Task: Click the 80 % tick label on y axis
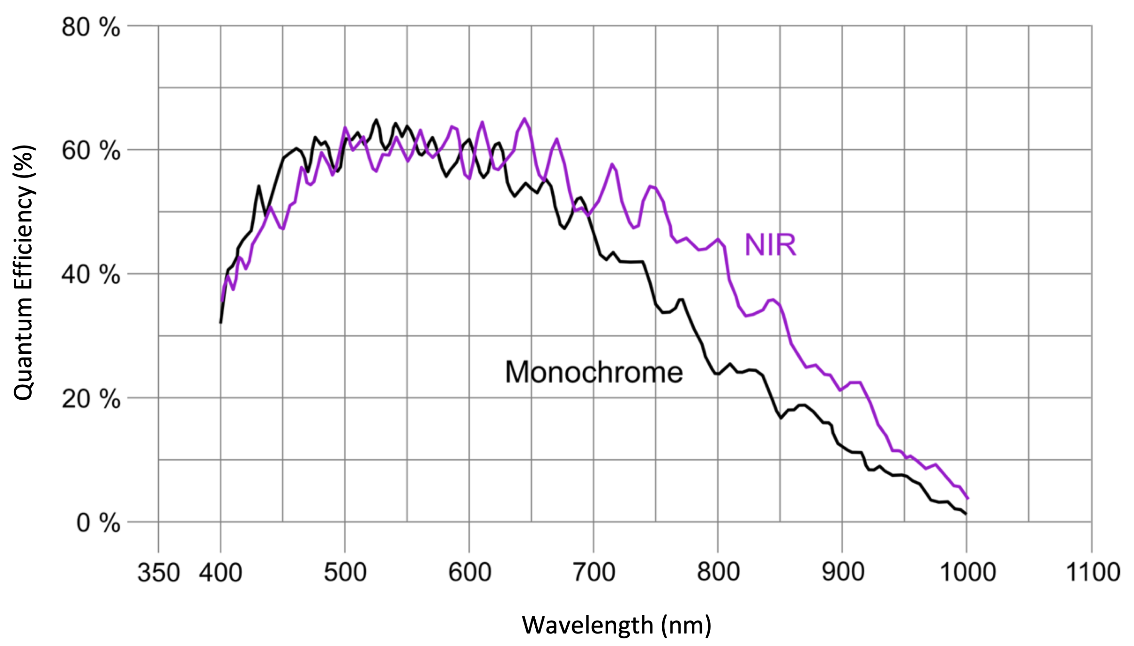pos(90,27)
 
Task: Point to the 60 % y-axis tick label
pos(90,151)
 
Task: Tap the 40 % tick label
pos(90,275)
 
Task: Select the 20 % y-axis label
pos(90,399)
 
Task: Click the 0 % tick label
pos(98,523)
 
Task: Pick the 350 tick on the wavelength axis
pos(158,572)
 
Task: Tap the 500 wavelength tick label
pos(345,572)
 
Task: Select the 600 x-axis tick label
pos(469,572)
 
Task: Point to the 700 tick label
pos(594,572)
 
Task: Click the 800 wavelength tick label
pos(718,572)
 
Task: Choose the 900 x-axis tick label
pos(843,572)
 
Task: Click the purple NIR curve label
pos(770,245)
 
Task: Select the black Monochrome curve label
pos(594,372)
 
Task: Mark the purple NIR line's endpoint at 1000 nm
pos(968,498)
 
